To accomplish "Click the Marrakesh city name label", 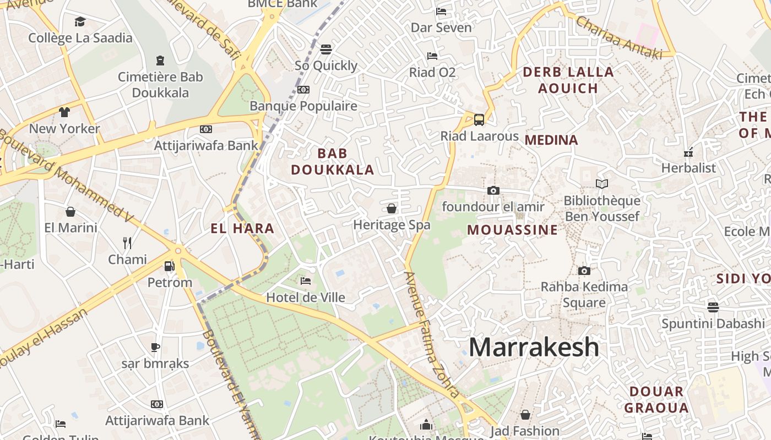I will (534, 347).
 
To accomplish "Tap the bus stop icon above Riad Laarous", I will (479, 119).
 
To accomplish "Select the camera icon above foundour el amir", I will (493, 190).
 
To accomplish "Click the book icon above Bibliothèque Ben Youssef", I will (602, 184).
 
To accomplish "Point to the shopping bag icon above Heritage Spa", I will (392, 208).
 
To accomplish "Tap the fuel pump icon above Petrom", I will (170, 266).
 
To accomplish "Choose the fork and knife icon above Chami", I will (127, 243).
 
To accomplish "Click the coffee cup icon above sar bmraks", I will (155, 347).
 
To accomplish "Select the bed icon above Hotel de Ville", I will (306, 281).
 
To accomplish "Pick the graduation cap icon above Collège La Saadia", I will (80, 22).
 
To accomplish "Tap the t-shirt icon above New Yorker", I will (64, 112).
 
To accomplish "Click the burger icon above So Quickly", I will (326, 50).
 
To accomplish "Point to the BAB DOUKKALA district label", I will (333, 162).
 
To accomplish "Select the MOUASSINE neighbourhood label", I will (513, 230).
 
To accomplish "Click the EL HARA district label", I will (242, 228).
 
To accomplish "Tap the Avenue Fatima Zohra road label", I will (432, 334).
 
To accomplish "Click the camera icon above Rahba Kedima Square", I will (584, 271).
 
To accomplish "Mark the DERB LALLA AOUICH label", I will (568, 80).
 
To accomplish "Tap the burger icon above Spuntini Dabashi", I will (713, 307).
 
